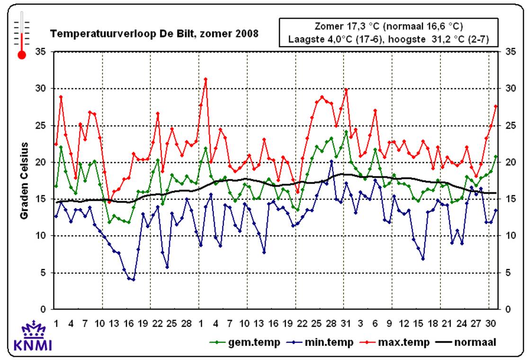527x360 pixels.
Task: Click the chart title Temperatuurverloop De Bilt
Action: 154,34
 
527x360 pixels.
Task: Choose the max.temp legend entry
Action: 399,342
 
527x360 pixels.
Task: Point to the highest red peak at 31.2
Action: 205,79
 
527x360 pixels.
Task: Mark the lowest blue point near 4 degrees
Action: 134,279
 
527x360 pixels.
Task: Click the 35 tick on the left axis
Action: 41,52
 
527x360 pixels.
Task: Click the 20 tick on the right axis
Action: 510,162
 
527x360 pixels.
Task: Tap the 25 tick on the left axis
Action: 41,126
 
